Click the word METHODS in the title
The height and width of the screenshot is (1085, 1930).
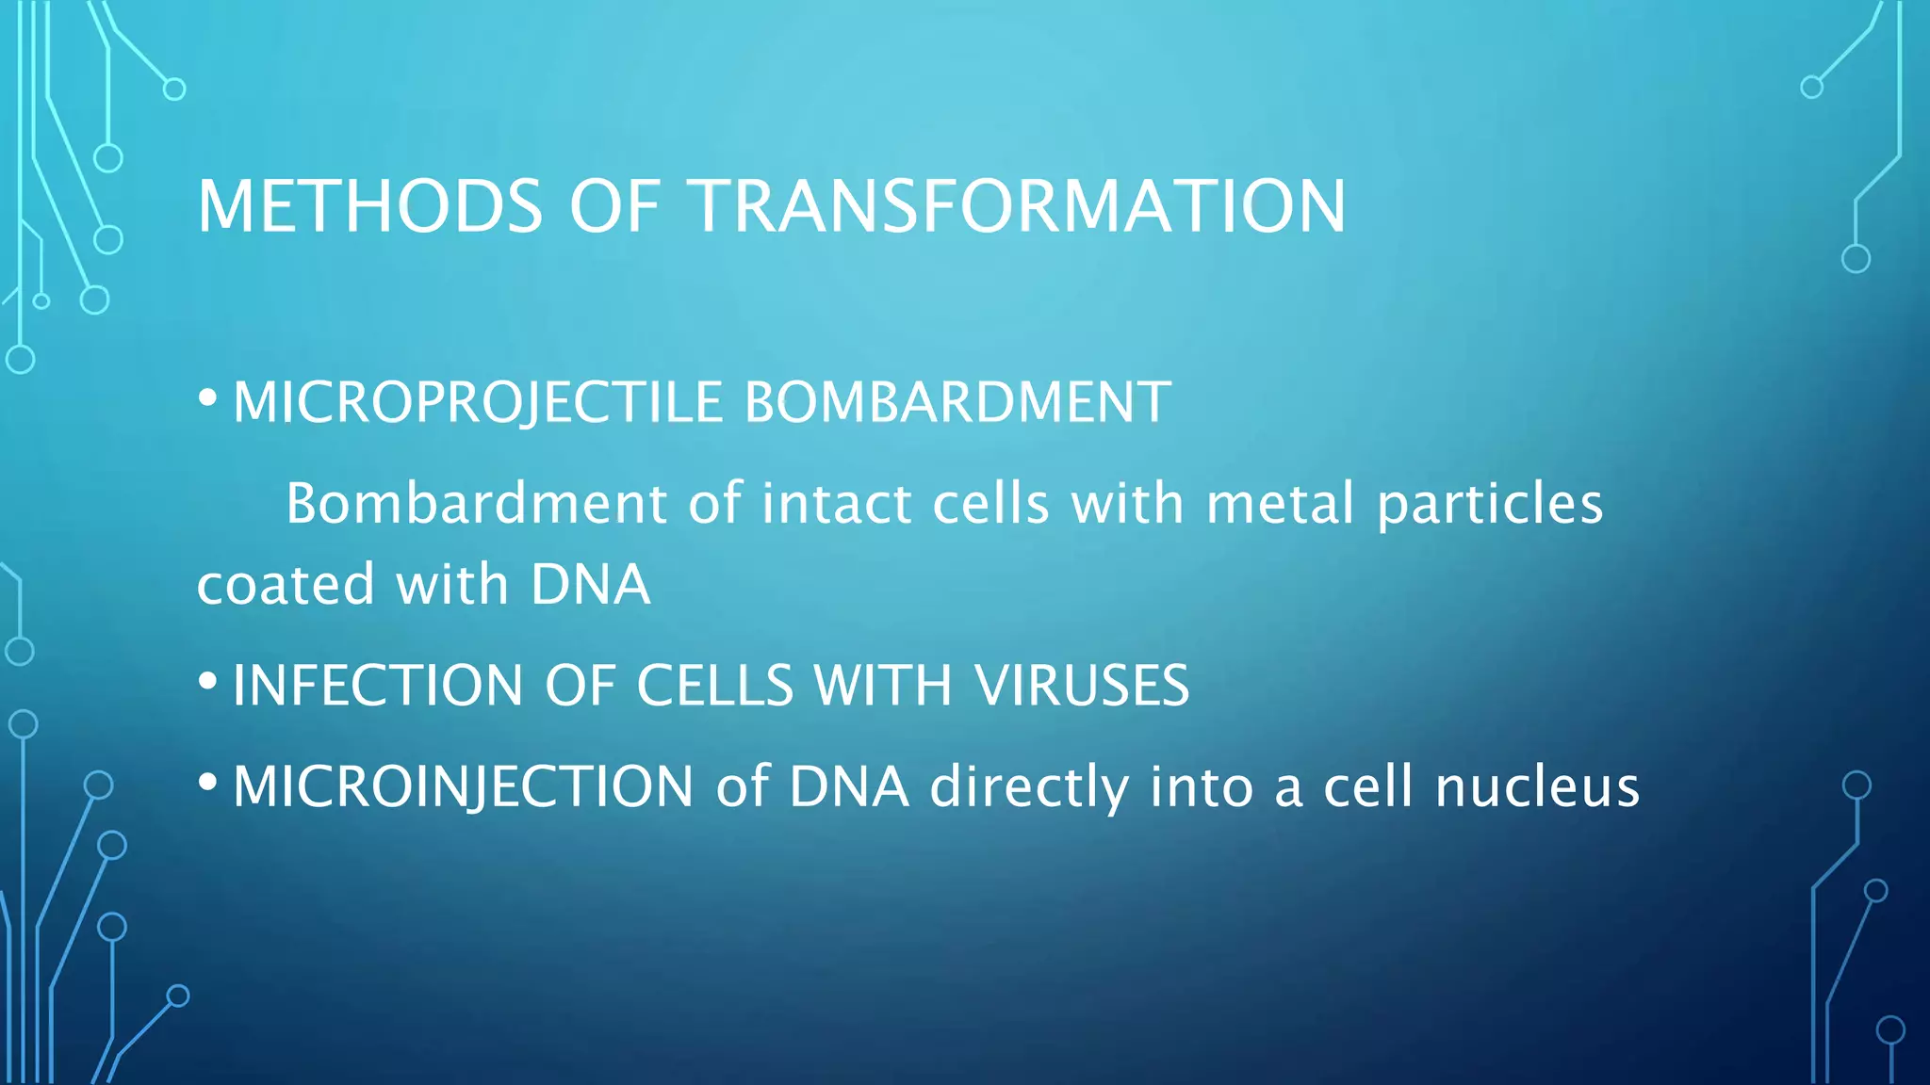coord(369,206)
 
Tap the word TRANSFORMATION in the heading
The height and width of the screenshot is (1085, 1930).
coord(1017,206)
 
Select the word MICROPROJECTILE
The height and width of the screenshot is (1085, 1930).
coord(477,402)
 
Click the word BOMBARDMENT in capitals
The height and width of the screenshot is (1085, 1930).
coord(957,402)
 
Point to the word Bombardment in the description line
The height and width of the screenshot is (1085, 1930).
coord(476,503)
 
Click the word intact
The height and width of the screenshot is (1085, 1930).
coord(836,503)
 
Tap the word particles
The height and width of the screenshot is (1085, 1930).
coord(1489,505)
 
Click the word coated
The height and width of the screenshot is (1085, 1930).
coord(286,584)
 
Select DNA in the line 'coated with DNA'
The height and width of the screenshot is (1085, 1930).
coord(590,584)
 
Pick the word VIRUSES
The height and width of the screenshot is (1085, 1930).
coord(1082,685)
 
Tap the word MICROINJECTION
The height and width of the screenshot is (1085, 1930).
coord(463,786)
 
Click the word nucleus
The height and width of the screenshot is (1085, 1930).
coord(1536,786)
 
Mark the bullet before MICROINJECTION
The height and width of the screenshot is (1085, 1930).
coord(208,781)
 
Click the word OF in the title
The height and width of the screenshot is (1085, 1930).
coord(613,206)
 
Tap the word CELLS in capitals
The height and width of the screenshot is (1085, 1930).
coord(714,685)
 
